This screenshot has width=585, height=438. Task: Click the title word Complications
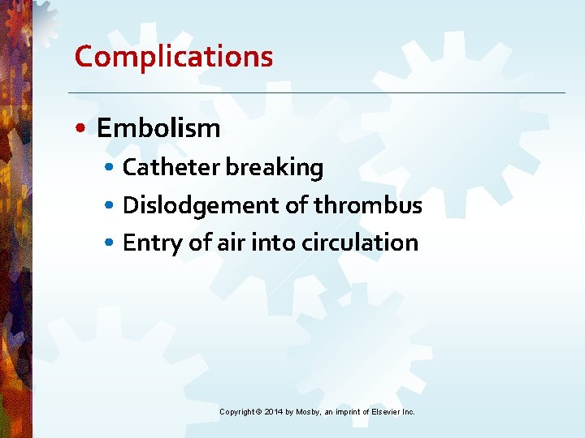point(173,57)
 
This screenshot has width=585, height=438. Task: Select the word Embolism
point(158,127)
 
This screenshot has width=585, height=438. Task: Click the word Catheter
point(171,168)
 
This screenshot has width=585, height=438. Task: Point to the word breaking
point(274,168)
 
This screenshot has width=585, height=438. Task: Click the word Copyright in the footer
point(237,412)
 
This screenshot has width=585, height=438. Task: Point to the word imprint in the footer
point(351,412)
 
